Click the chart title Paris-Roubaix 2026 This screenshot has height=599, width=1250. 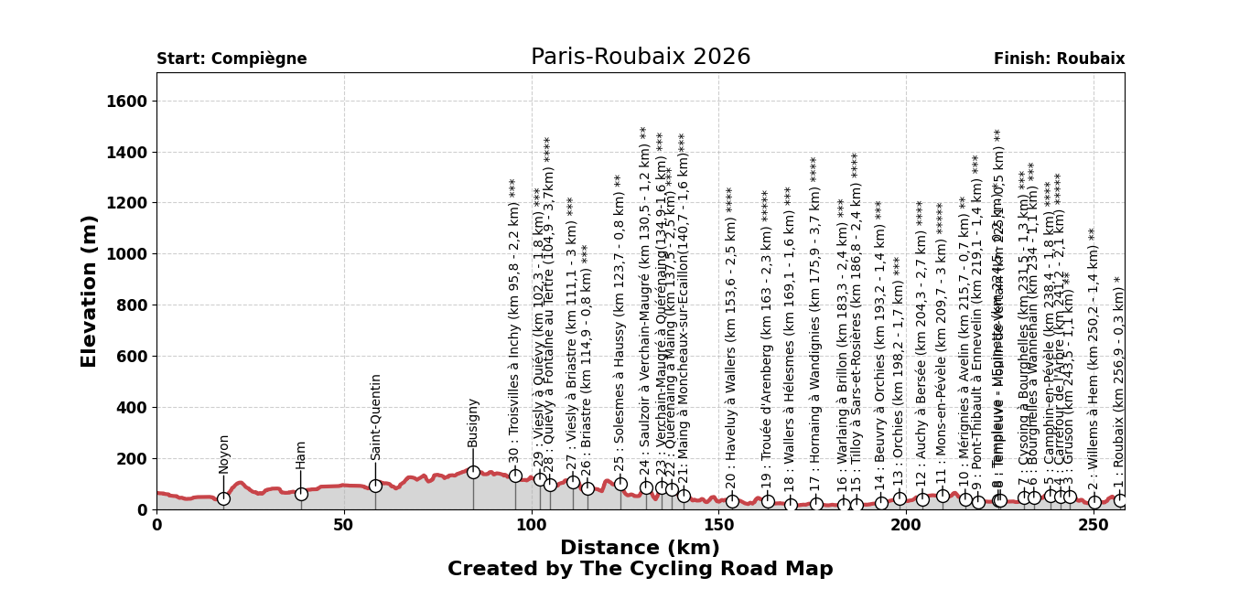(641, 58)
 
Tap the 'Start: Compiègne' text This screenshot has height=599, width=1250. (232, 59)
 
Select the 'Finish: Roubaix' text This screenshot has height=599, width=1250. (1059, 59)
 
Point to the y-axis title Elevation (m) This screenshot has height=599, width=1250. (90, 291)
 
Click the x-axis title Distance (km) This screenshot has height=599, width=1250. (640, 549)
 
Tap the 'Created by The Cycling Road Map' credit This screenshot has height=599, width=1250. (640, 570)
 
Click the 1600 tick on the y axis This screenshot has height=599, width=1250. (128, 102)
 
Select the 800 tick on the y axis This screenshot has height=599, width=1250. (133, 305)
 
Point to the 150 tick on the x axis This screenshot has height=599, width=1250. (718, 526)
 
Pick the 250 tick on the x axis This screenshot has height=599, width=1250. (1094, 526)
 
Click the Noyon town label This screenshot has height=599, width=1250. (224, 454)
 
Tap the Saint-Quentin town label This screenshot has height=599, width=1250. (376, 417)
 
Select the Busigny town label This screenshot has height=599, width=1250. (473, 423)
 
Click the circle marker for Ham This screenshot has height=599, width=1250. (301, 494)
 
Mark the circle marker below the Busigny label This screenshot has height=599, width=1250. (473, 472)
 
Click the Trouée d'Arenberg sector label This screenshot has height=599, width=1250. (767, 338)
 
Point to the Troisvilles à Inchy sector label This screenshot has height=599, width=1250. (514, 323)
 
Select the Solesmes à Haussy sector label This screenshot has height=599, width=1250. (620, 322)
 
